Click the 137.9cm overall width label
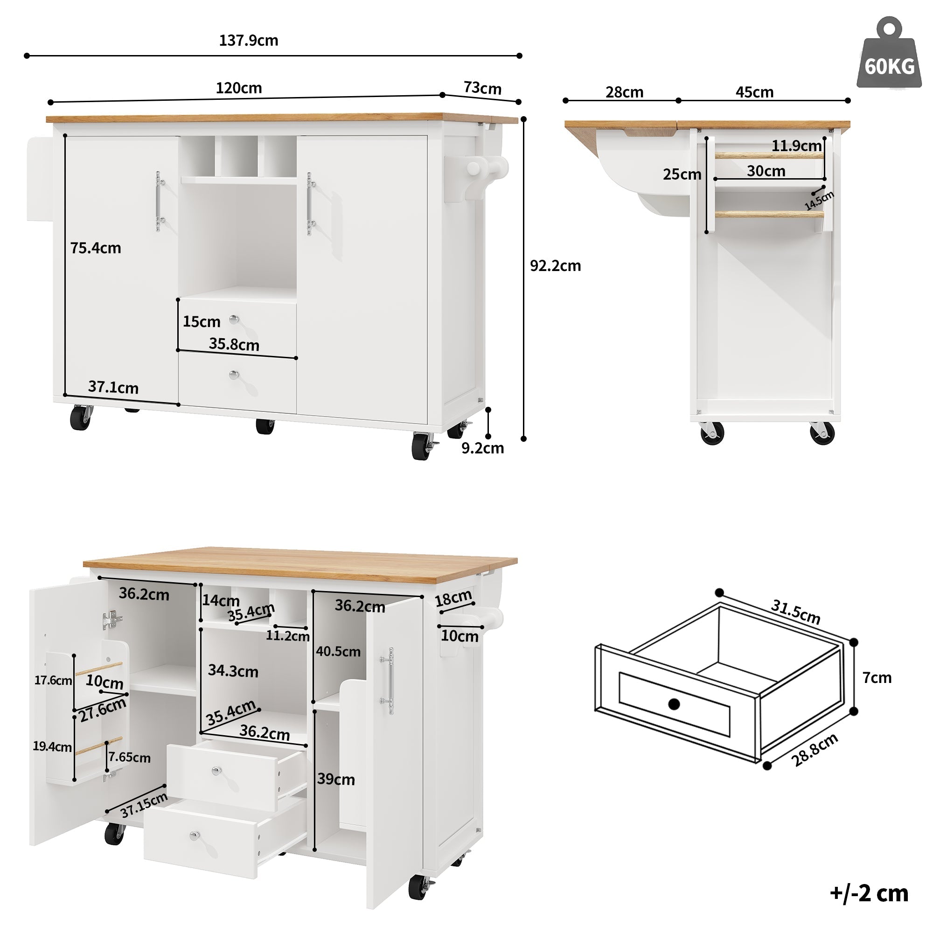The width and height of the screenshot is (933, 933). pyautogui.click(x=249, y=41)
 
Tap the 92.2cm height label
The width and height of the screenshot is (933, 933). pyautogui.click(x=555, y=266)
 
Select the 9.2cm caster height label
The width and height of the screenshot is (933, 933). pyautogui.click(x=482, y=448)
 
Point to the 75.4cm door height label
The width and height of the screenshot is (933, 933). pyautogui.click(x=96, y=248)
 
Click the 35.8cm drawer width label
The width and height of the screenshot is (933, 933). pyautogui.click(x=234, y=344)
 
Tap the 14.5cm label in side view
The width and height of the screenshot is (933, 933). pyautogui.click(x=819, y=201)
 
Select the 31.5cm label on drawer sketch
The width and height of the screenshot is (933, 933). pyautogui.click(x=795, y=612)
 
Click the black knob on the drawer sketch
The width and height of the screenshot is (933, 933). pyautogui.click(x=674, y=704)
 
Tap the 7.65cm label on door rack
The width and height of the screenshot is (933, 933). pyautogui.click(x=129, y=757)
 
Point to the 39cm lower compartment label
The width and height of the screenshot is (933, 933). pyautogui.click(x=335, y=779)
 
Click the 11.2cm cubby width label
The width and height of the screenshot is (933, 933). pyautogui.click(x=288, y=635)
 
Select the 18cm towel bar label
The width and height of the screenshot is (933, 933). pyautogui.click(x=453, y=599)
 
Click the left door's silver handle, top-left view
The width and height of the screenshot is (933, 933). pyautogui.click(x=158, y=201)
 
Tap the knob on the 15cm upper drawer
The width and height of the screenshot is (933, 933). pyautogui.click(x=234, y=319)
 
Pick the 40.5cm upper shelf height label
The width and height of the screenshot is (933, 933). pyautogui.click(x=338, y=651)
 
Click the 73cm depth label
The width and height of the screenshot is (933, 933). pyautogui.click(x=482, y=88)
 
